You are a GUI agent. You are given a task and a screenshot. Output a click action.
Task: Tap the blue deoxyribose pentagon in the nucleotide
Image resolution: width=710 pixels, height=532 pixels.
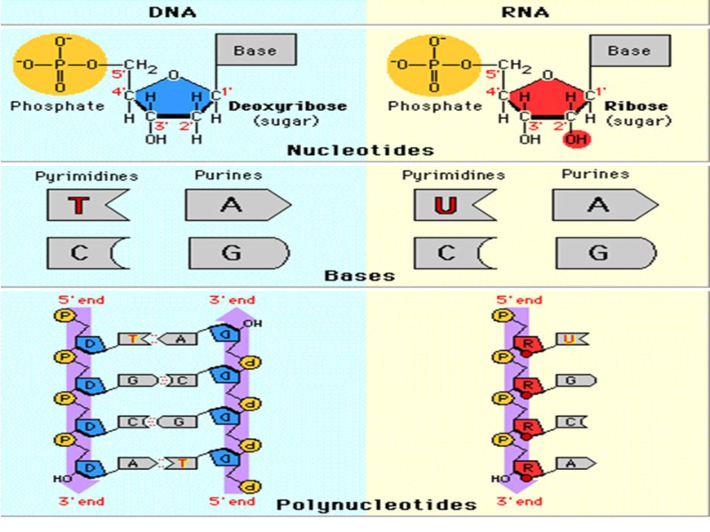click(x=173, y=93)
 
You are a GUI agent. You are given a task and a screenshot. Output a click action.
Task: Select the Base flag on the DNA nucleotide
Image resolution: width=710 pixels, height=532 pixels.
click(x=255, y=51)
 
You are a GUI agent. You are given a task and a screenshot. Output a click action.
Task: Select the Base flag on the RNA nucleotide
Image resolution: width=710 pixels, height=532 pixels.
click(x=629, y=51)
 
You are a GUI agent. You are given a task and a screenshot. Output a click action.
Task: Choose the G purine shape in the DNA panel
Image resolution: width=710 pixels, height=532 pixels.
click(x=233, y=253)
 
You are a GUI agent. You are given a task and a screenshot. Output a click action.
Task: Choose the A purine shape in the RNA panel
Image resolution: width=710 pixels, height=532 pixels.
click(x=601, y=206)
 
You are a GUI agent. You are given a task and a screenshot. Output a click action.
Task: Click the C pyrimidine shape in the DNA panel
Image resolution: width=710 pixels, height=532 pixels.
click(x=83, y=253)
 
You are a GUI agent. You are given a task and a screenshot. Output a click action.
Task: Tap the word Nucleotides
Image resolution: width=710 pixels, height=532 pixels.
click(x=360, y=151)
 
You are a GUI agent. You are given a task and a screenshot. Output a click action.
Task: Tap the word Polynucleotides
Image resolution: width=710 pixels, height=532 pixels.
click(x=376, y=505)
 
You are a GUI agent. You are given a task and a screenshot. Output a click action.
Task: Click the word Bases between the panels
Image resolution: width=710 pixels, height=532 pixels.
click(x=359, y=276)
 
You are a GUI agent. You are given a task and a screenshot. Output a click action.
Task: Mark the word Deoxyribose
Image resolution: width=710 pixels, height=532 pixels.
click(x=288, y=106)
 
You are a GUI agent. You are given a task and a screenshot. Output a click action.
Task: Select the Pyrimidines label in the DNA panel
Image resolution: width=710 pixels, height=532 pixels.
click(x=86, y=176)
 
